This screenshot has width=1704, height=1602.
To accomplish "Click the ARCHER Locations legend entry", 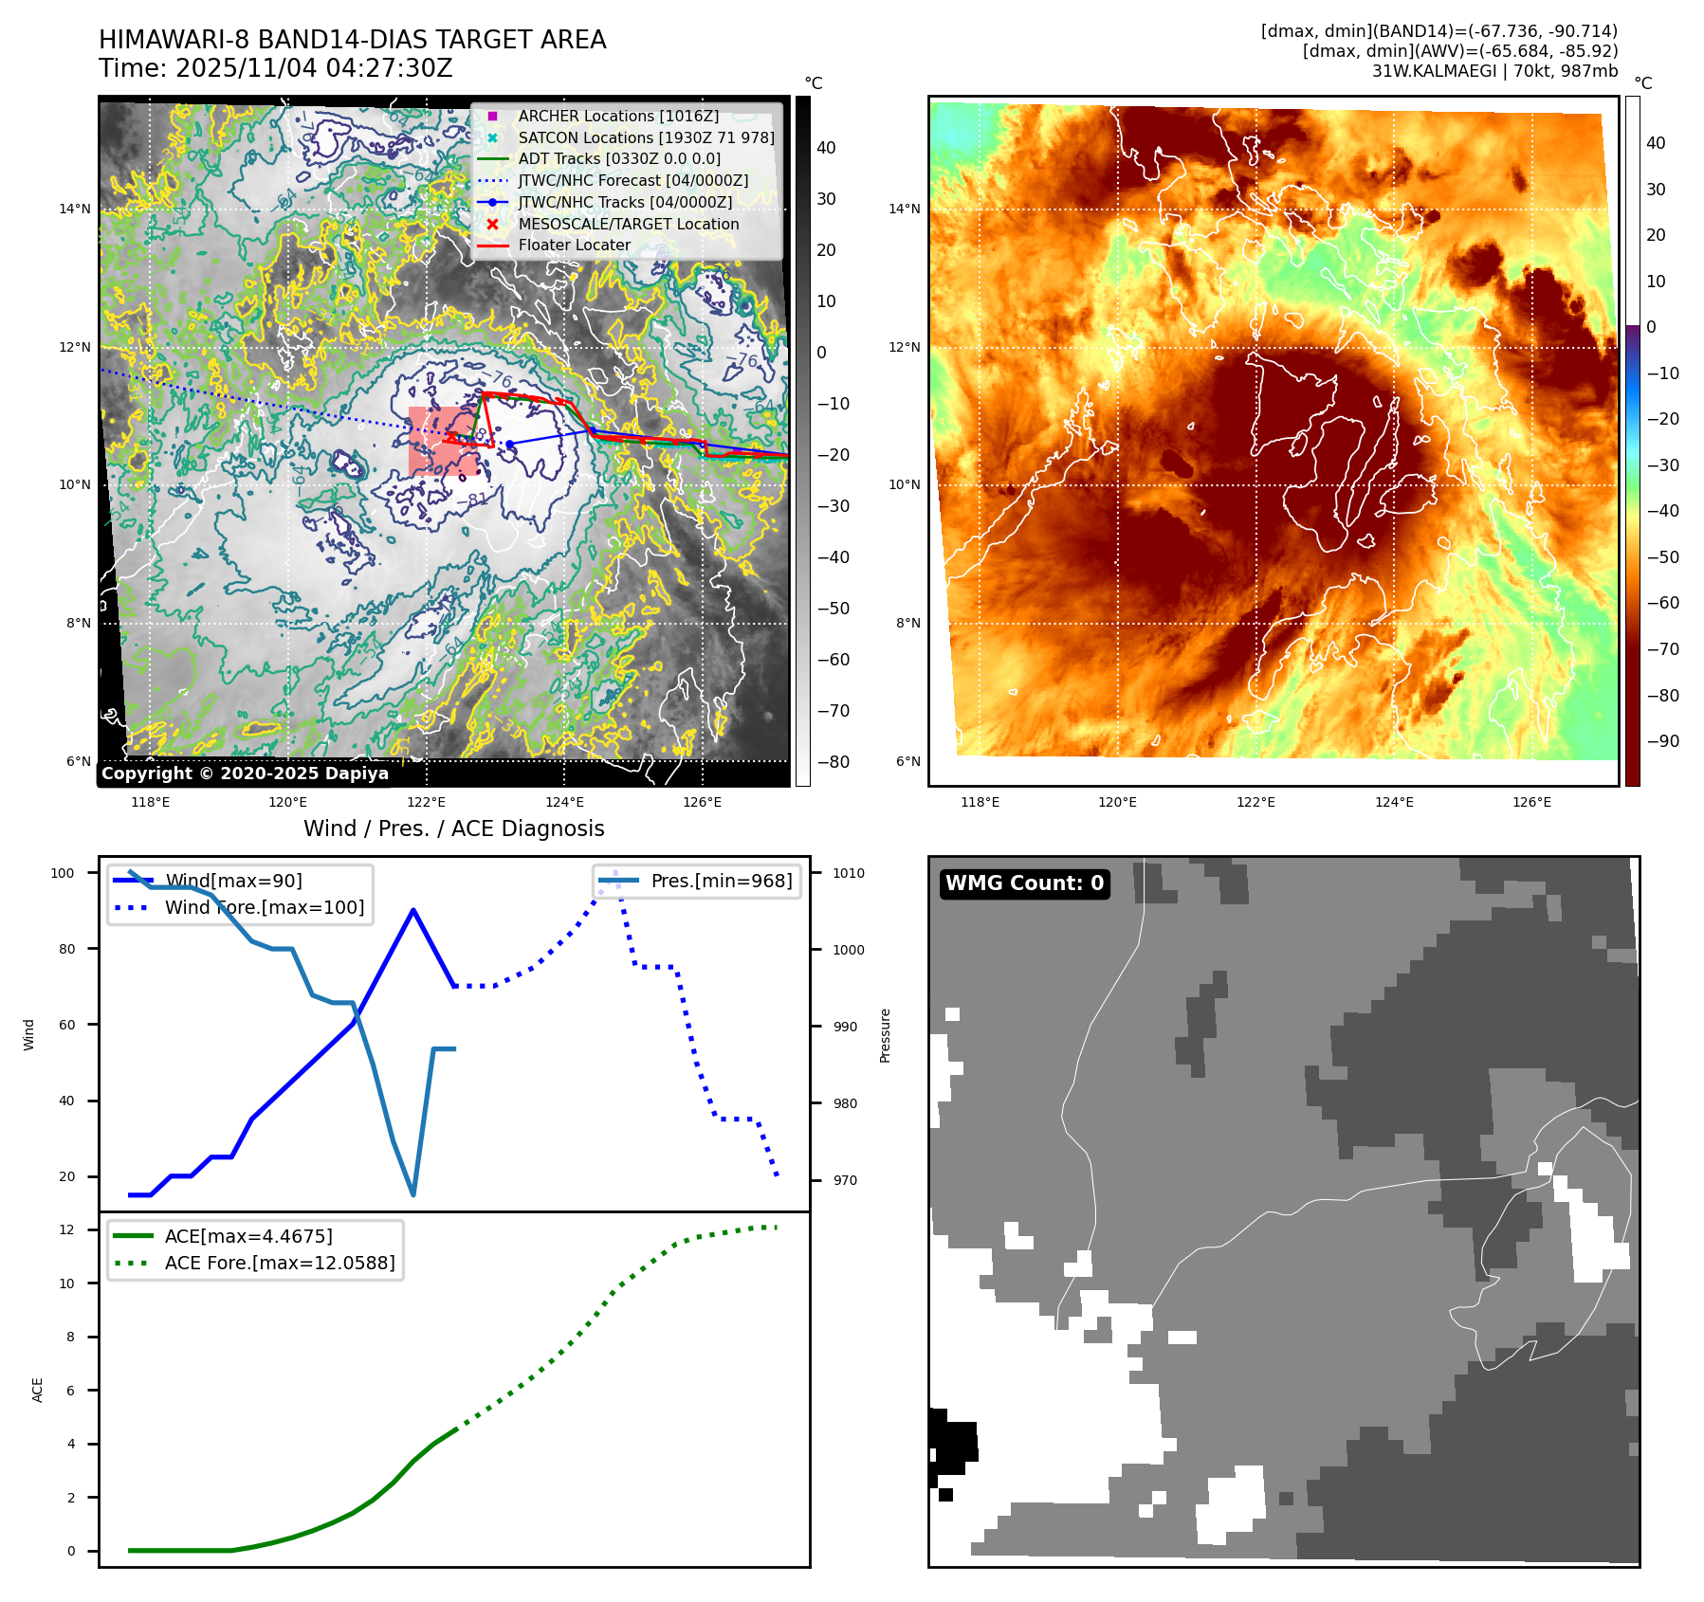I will coord(618,116).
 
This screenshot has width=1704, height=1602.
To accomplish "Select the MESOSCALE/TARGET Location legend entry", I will coord(628,224).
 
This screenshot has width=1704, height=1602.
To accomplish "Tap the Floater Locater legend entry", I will coord(574,245).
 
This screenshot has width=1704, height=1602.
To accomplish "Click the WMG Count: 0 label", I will coord(1024,883).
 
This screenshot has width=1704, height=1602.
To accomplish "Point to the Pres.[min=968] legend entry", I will coord(721,881).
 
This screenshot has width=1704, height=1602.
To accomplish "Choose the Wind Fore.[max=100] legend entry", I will coord(264,907).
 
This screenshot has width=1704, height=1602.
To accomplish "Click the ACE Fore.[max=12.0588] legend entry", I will coord(279,1263).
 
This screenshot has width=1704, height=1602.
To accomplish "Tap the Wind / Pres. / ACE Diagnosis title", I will coord(453,828).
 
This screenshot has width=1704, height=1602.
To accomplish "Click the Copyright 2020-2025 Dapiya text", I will coord(245,774).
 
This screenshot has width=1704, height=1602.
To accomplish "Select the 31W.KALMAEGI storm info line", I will coord(1494,71).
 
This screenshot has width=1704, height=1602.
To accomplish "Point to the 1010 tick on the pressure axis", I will coord(849,873).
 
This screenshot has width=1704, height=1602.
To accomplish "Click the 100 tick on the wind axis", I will coord(63,873).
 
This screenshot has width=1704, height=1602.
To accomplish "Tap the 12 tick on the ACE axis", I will coord(66,1229).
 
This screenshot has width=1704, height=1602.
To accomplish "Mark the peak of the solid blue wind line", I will coord(413,910).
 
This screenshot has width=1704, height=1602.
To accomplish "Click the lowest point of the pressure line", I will coord(413,1194).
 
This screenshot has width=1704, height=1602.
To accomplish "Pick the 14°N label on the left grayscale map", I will coord(75,209).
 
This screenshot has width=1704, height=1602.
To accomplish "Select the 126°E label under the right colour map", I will coord(1531,802).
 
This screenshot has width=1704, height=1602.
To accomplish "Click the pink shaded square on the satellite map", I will coord(443,442).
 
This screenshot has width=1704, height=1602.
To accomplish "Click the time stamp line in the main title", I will coord(275,69).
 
